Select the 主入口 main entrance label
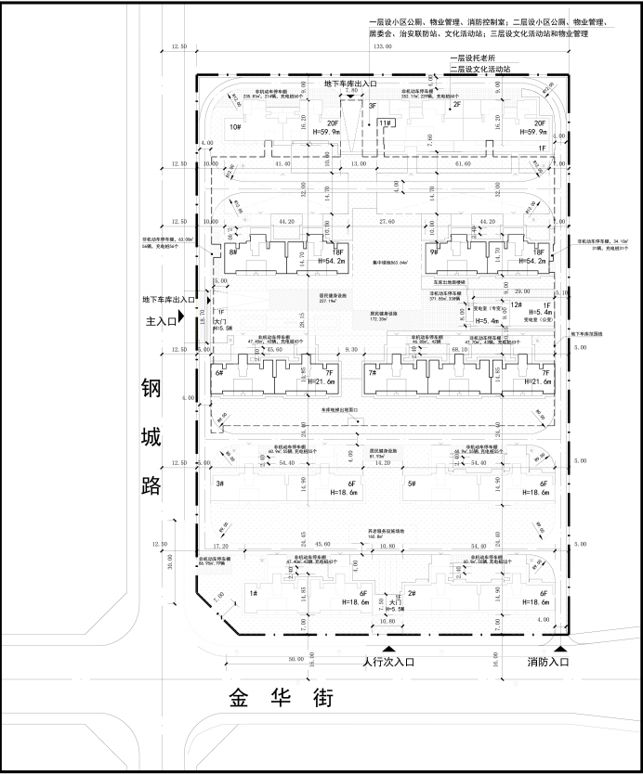pyautogui.click(x=159, y=321)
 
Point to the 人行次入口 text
pyautogui.click(x=388, y=663)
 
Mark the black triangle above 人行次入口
pyautogui.click(x=388, y=650)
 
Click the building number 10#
pyautogui.click(x=235, y=127)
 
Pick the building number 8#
pyautogui.click(x=233, y=252)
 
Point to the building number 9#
pyautogui.click(x=434, y=252)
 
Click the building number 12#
pyautogui.click(x=517, y=305)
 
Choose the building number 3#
pyautogui.click(x=220, y=484)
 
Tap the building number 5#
pyautogui.click(x=410, y=484)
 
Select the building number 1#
pyautogui.click(x=252, y=592)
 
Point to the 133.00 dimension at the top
pyautogui.click(x=381, y=45)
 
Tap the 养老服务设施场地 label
pyautogui.click(x=387, y=532)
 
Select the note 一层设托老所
pyautogui.click(x=473, y=58)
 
